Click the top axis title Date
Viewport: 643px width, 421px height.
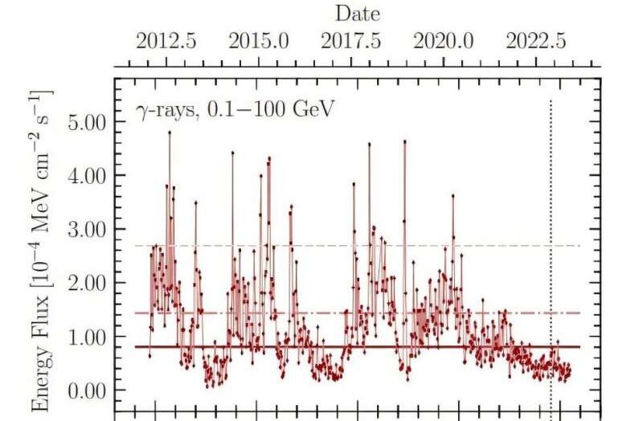tap(357, 14)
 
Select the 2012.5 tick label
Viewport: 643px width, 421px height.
tap(166, 42)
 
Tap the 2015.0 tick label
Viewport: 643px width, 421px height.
tap(259, 42)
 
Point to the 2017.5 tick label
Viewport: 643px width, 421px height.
tap(351, 42)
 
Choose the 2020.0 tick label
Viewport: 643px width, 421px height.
tap(444, 42)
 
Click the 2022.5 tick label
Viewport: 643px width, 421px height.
tap(536, 42)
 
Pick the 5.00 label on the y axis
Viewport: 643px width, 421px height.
tap(88, 122)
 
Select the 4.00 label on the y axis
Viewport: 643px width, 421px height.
tap(88, 175)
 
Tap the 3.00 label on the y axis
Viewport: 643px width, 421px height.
tap(88, 229)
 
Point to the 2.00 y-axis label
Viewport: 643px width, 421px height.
tap(88, 283)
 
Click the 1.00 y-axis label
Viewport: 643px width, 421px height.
tap(88, 337)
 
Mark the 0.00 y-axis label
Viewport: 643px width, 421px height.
tap(88, 390)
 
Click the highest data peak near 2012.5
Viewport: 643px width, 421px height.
tap(170, 133)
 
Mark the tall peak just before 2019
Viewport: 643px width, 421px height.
tap(404, 142)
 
